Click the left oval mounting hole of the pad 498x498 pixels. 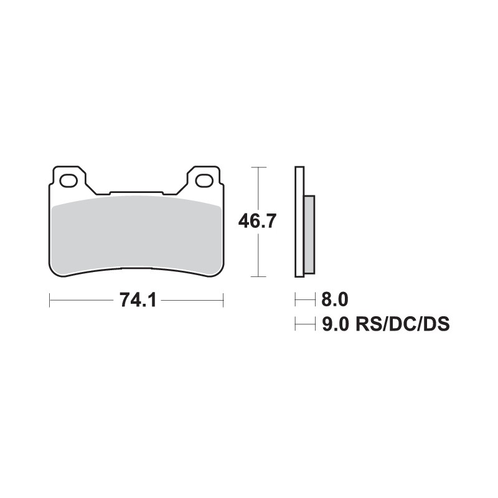pos(68,181)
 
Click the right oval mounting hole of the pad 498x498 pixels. pos(204,181)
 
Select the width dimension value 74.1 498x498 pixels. pos(136,301)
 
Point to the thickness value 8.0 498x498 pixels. pos(334,301)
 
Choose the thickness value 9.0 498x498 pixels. pos(334,324)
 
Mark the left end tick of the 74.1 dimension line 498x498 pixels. pos(50,301)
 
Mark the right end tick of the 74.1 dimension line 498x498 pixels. pos(223,301)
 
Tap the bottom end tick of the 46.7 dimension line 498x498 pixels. pos(258,276)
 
